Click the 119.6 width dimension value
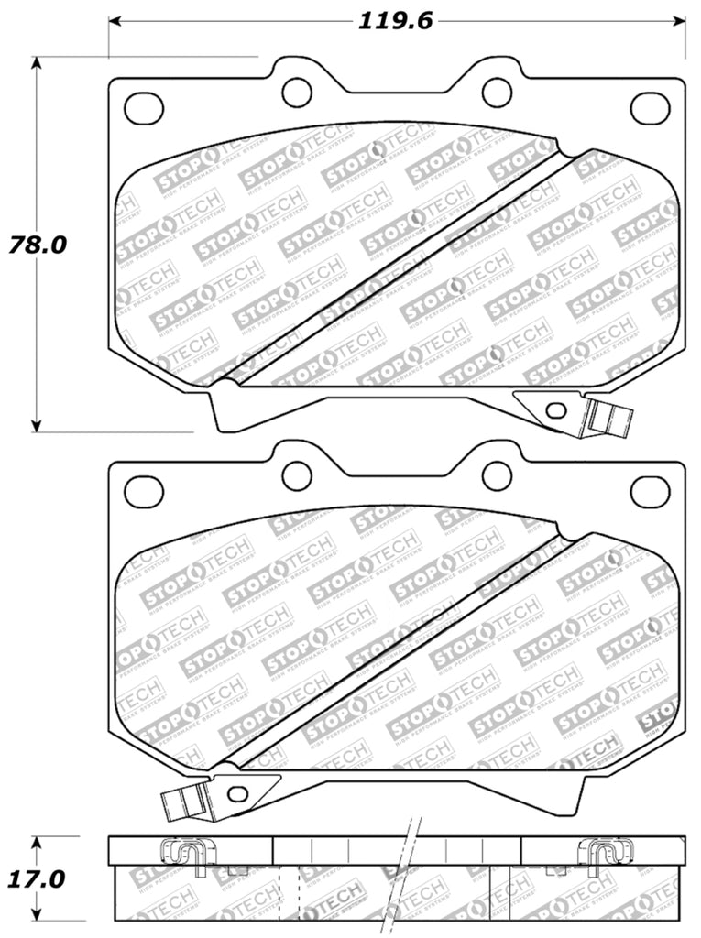click(x=394, y=20)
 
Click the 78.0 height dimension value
click(x=37, y=245)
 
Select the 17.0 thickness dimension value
click(x=37, y=880)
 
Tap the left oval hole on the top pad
click(x=143, y=107)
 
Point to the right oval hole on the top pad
click(x=650, y=107)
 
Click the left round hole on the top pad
click(x=297, y=91)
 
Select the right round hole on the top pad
click(x=496, y=91)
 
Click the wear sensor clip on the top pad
click(x=608, y=417)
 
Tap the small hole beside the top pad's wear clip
click(x=554, y=409)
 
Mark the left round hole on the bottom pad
click(x=297, y=475)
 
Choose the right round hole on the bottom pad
click(x=496, y=475)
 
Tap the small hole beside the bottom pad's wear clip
click(x=238, y=793)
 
